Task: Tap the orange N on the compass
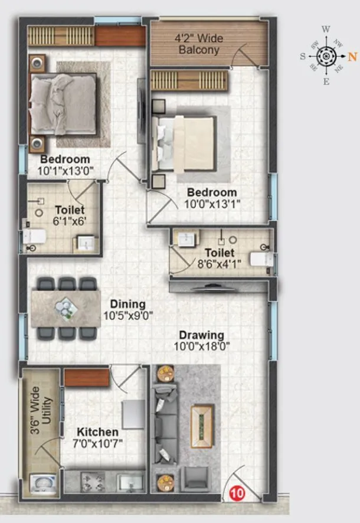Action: click(x=352, y=57)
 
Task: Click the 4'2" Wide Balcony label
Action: click(x=198, y=44)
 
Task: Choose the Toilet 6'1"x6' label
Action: click(x=69, y=215)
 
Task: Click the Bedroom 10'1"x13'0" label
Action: click(x=65, y=165)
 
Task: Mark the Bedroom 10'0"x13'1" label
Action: click(x=212, y=198)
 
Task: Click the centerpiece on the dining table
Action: click(x=64, y=308)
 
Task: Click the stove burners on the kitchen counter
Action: click(x=92, y=481)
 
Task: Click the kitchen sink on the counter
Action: click(x=129, y=482)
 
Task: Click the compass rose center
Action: click(x=325, y=57)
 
